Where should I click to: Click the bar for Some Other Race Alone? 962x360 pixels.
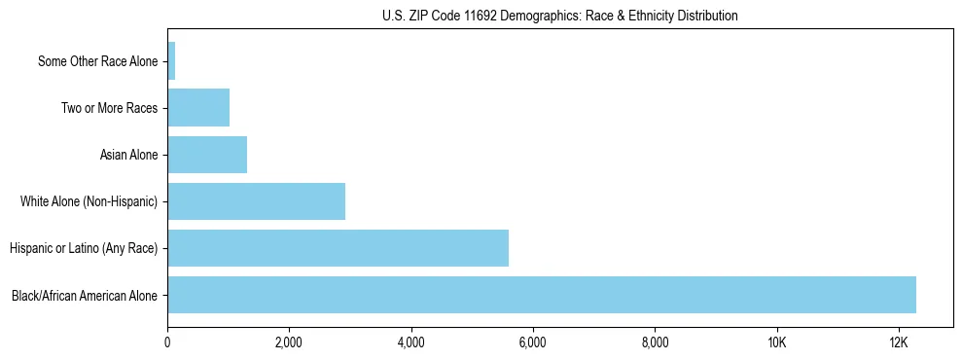point(171,61)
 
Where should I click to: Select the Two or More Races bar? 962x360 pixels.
point(198,108)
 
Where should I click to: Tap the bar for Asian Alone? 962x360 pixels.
point(207,155)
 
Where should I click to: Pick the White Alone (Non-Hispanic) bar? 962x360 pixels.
point(256,201)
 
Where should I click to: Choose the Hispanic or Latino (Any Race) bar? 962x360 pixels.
point(338,248)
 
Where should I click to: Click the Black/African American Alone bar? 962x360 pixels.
point(542,295)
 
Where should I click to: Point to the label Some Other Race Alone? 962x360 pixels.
point(97,61)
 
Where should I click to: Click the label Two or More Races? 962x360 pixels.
point(109,108)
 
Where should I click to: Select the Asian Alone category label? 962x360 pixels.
point(128,155)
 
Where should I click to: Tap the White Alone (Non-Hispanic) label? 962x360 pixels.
point(89,201)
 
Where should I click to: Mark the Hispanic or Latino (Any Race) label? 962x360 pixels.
point(84,248)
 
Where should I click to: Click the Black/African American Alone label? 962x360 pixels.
point(85,295)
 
